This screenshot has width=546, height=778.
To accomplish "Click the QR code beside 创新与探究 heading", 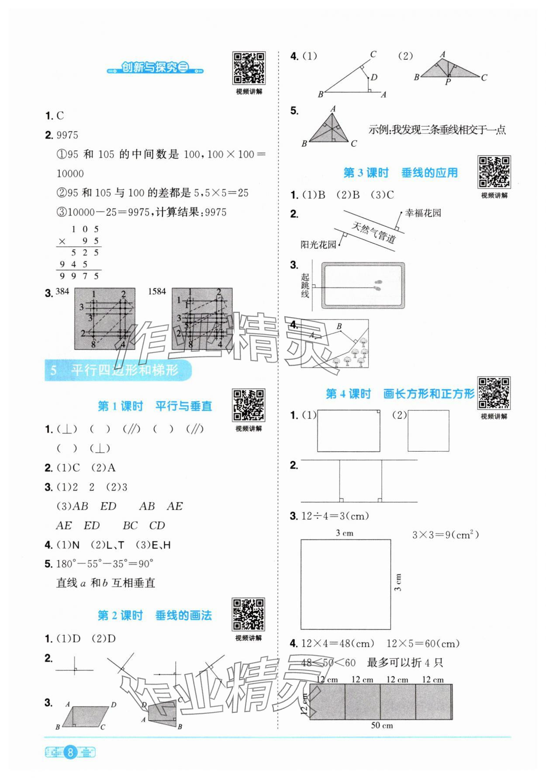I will tap(249, 68).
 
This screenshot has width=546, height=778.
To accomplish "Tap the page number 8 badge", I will tap(70, 752).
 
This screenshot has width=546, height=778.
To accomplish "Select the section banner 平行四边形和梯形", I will tap(118, 370).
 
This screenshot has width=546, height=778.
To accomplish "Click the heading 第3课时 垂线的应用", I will tap(400, 173).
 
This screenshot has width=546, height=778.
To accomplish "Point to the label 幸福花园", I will tap(423, 213).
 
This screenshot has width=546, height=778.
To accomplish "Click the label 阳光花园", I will tap(318, 245).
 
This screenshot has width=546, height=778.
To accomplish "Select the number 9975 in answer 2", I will tap(68, 135).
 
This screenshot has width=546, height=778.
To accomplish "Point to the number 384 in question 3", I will tap(62, 292).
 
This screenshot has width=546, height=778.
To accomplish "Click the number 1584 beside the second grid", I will tap(157, 292).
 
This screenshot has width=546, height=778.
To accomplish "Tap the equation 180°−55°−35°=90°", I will tap(105, 564).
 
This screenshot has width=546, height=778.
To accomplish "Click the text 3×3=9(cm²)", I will tap(446, 535).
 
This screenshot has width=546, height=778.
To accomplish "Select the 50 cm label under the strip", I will tap(382, 726).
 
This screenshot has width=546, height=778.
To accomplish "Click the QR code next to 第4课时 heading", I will tap(494, 393).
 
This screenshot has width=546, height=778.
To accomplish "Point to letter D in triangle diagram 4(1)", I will tap(374, 77).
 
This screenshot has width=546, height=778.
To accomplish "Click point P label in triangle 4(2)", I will tap(448, 82).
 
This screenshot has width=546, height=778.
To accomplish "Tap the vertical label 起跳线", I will tap(305, 286).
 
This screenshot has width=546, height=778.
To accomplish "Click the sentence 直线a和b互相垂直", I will tap(106, 583).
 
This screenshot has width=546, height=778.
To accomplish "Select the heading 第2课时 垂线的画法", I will tap(155, 616).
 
